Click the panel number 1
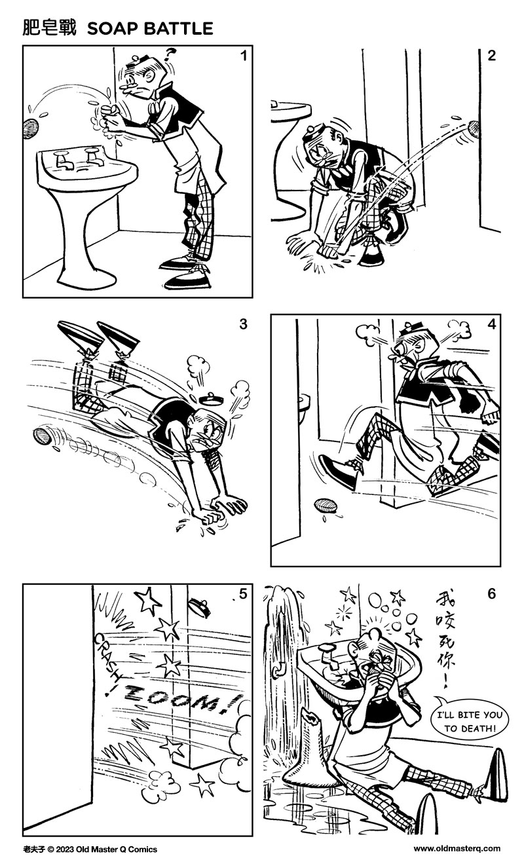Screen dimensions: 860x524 243,56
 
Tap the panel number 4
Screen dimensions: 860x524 491,324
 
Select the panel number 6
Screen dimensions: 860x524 491,594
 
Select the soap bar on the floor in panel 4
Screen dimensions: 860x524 326,506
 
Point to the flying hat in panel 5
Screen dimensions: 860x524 197,607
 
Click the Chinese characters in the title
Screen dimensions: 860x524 49,28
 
